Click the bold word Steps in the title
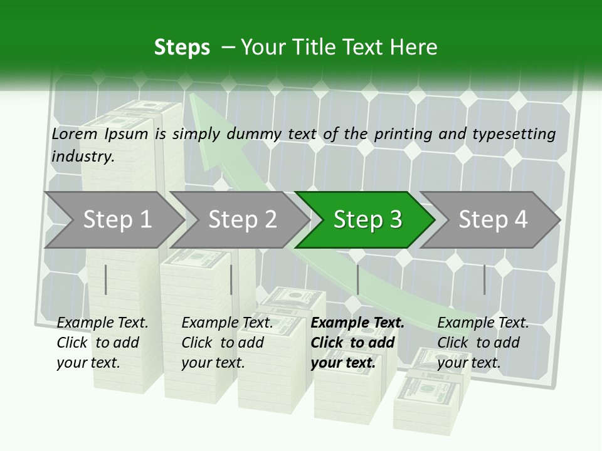point(182,48)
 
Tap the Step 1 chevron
point(114,220)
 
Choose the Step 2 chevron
point(240,220)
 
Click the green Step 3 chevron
point(365,220)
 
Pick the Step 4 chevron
point(490,220)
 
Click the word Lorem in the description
point(75,134)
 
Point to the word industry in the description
point(82,157)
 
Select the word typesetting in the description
point(514,135)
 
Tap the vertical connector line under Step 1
point(105,279)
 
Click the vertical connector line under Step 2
point(231,279)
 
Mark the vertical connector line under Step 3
point(358,279)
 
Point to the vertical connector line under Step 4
point(485,279)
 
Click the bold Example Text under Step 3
point(357,323)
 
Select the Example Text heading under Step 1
point(102,323)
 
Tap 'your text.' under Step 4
point(469,363)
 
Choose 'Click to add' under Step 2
point(223,343)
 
